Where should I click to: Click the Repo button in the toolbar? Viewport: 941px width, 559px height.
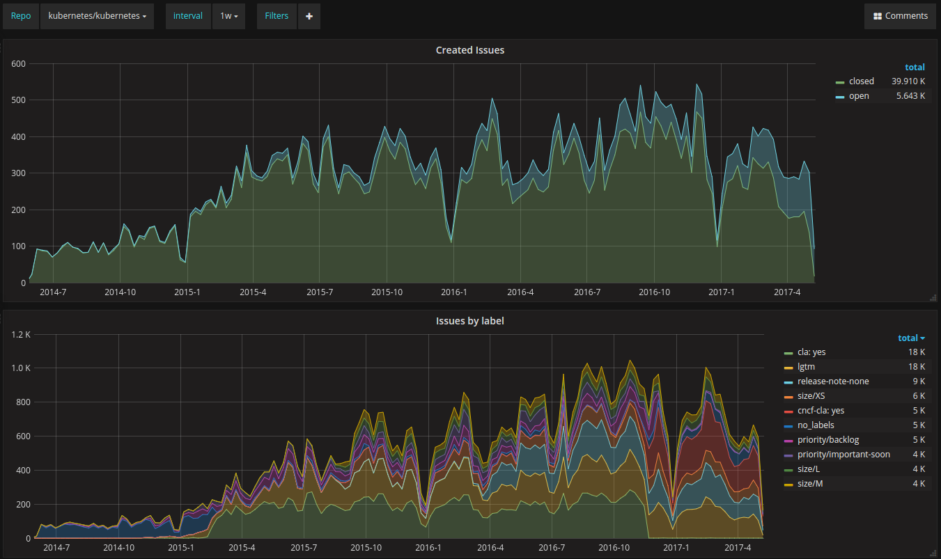pyautogui.click(x=21, y=16)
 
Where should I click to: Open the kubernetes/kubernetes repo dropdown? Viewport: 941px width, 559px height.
pyautogui.click(x=97, y=16)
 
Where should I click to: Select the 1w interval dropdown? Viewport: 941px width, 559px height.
pyautogui.click(x=228, y=16)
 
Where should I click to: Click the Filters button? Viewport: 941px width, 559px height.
pyautogui.click(x=277, y=16)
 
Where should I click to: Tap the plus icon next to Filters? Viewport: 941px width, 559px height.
pyautogui.click(x=309, y=16)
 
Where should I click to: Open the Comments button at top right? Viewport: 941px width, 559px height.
pyautogui.click(x=900, y=16)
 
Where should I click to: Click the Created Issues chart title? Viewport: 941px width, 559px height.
pyautogui.click(x=470, y=50)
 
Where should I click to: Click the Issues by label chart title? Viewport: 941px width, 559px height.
pyautogui.click(x=470, y=321)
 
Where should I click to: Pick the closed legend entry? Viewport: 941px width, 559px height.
pyautogui.click(x=861, y=81)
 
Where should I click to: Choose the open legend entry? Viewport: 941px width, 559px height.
pyautogui.click(x=859, y=96)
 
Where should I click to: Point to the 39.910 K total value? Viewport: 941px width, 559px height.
pyautogui.click(x=908, y=81)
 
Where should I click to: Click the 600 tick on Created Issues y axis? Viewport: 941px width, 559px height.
pyautogui.click(x=19, y=64)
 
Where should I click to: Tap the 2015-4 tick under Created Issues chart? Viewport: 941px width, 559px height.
pyautogui.click(x=253, y=292)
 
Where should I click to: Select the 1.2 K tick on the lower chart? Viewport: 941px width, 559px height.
pyautogui.click(x=21, y=335)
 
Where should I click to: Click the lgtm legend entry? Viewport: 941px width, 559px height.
pyautogui.click(x=806, y=367)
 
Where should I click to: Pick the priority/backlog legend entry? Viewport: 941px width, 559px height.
pyautogui.click(x=828, y=440)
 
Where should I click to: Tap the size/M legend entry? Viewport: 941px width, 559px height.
pyautogui.click(x=810, y=483)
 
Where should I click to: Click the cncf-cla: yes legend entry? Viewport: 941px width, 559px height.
pyautogui.click(x=821, y=410)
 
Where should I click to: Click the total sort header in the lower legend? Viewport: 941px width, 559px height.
pyautogui.click(x=911, y=338)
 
